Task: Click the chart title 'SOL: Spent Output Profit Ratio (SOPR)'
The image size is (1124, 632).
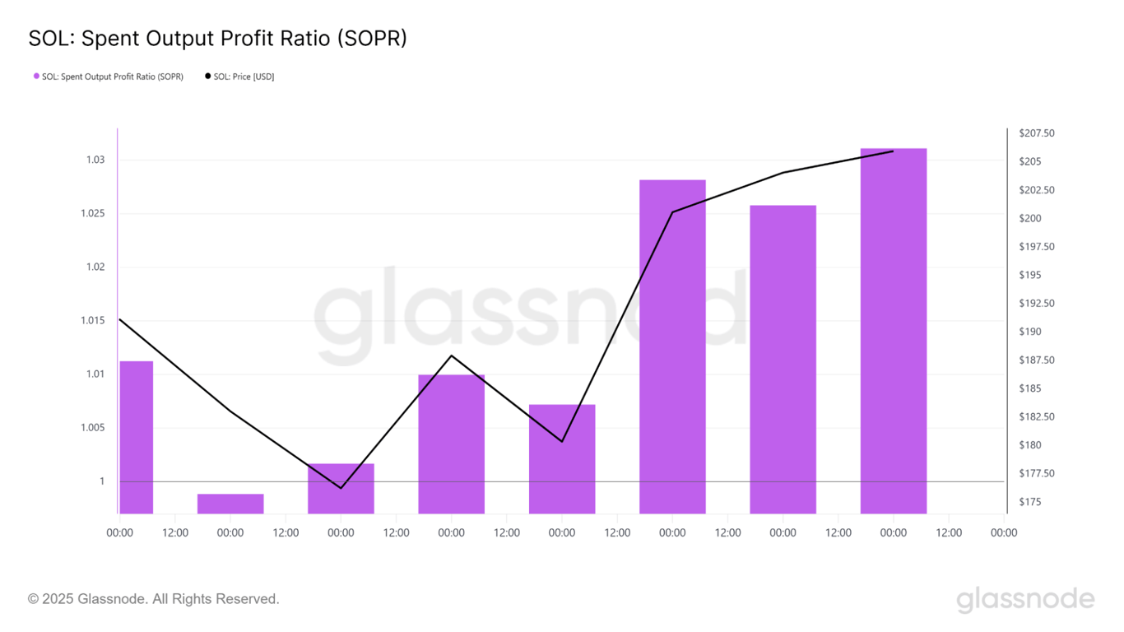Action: click(x=217, y=38)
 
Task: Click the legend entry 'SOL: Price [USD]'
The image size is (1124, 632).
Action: click(x=239, y=77)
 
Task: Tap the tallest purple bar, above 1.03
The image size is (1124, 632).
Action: click(x=893, y=329)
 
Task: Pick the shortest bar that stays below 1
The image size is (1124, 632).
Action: click(x=230, y=504)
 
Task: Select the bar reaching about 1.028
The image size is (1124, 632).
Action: click(x=672, y=346)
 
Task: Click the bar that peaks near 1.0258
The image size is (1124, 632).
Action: click(x=783, y=359)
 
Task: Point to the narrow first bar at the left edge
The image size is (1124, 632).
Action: click(x=137, y=436)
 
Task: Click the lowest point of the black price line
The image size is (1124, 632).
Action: click(x=341, y=488)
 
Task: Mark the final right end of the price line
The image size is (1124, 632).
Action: click(x=893, y=151)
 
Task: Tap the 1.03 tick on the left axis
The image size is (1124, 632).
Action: click(x=95, y=160)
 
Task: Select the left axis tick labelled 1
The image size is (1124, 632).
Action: click(x=102, y=481)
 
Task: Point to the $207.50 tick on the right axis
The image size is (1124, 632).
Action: click(x=1036, y=133)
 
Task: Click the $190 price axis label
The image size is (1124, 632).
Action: click(x=1029, y=332)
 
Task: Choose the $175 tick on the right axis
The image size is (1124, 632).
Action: click(x=1029, y=502)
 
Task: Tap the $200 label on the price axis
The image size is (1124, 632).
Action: click(x=1029, y=218)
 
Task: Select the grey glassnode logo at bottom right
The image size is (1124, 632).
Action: click(x=1025, y=600)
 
